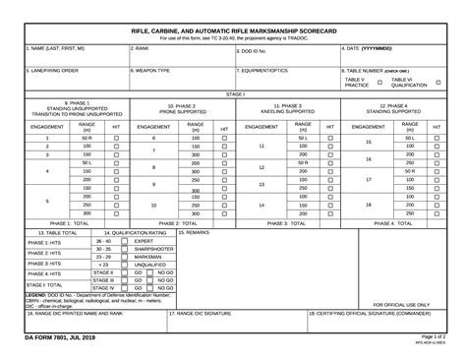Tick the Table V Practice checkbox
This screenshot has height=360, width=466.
tap(379, 83)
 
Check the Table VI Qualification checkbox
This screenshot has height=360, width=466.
tap(437, 83)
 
